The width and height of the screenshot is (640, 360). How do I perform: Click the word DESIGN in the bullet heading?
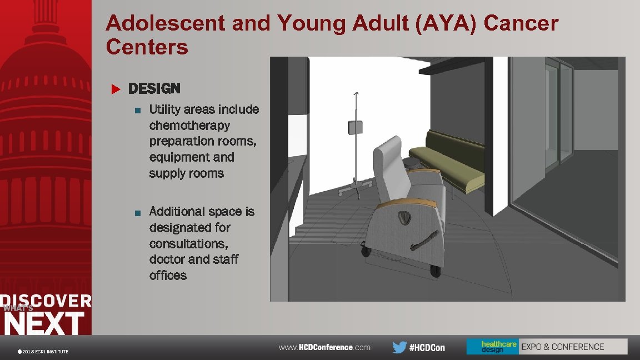[x=154, y=88]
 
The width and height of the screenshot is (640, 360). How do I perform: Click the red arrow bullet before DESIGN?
[x=116, y=89]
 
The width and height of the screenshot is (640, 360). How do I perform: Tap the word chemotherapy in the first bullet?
[x=189, y=125]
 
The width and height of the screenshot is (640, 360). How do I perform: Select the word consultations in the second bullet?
[x=188, y=243]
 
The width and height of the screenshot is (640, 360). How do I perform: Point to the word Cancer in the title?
[x=521, y=23]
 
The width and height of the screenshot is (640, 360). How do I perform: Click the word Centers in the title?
[x=147, y=47]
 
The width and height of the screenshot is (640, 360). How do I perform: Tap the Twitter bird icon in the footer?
[x=399, y=347]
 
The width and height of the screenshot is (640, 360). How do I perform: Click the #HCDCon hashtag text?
[x=427, y=348]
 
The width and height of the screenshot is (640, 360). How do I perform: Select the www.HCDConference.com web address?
[x=324, y=347]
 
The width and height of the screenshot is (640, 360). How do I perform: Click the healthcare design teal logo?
[x=492, y=347]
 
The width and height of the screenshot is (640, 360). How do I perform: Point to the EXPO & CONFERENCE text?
[x=562, y=347]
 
